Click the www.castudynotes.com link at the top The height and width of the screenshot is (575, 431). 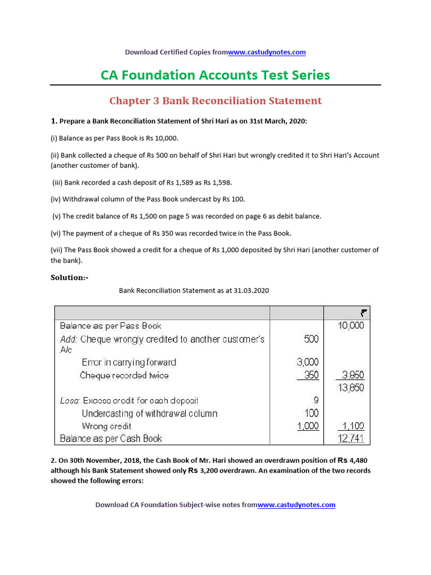click(x=267, y=52)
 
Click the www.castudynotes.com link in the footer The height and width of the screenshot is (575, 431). click(x=296, y=505)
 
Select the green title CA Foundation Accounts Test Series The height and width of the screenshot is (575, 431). click(x=215, y=75)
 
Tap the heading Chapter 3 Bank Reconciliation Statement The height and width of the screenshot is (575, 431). click(x=215, y=101)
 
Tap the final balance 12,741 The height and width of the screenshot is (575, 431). click(x=351, y=439)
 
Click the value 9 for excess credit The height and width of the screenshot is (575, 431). click(x=315, y=401)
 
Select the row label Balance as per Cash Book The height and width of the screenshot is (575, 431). click(x=111, y=439)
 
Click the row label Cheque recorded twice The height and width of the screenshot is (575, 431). click(x=124, y=375)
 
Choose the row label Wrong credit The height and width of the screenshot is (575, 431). click(x=107, y=426)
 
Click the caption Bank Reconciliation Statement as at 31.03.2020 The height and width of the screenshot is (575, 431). click(x=194, y=291)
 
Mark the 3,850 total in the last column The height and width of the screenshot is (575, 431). click(x=351, y=375)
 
